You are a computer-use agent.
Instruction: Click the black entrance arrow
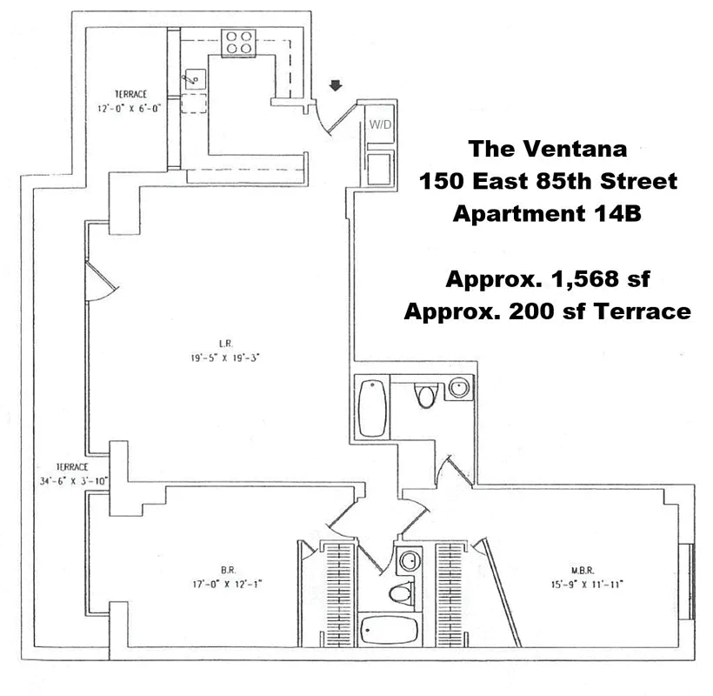[336, 85]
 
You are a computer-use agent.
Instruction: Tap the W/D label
[380, 124]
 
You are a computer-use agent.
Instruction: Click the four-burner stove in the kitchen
[239, 43]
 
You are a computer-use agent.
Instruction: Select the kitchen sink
[195, 80]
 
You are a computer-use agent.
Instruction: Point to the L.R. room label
[225, 344]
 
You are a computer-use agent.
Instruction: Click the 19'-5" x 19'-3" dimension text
[225, 358]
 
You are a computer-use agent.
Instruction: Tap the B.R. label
[229, 570]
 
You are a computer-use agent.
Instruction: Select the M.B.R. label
[583, 570]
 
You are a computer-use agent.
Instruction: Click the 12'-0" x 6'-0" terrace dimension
[130, 108]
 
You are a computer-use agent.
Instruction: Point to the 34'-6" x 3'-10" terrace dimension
[73, 481]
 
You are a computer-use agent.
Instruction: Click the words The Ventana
[548, 149]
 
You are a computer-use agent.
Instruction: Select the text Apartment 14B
[547, 213]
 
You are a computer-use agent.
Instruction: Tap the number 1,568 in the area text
[584, 279]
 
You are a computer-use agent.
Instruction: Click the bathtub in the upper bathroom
[372, 407]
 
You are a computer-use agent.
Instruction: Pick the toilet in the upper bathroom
[426, 395]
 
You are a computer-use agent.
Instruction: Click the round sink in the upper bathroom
[459, 388]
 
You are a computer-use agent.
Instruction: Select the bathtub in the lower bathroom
[389, 630]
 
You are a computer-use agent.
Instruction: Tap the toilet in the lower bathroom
[402, 593]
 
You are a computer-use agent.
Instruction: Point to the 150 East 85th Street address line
[548, 181]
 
